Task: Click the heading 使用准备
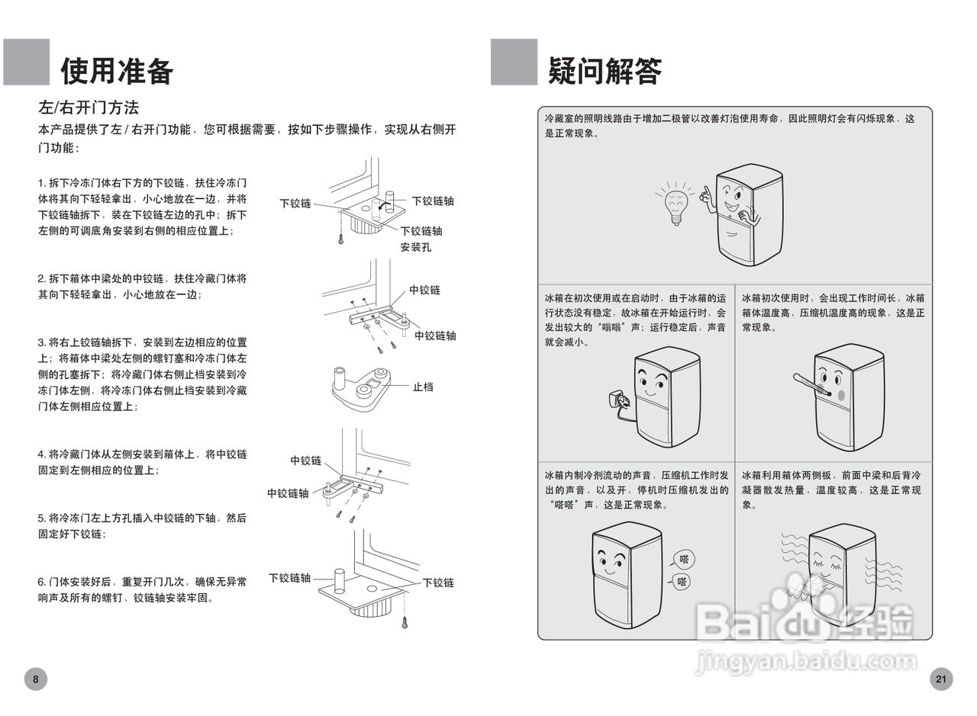[x=117, y=70]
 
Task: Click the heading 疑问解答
[x=604, y=70]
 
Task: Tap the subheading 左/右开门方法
[x=89, y=108]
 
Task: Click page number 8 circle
[x=35, y=678]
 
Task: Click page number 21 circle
[x=940, y=678]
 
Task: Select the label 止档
[x=423, y=387]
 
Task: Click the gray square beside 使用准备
[x=27, y=62]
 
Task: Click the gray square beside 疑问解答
[x=514, y=62]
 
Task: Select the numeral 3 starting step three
[x=41, y=342]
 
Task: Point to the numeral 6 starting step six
[x=41, y=582]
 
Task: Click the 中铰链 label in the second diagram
[x=424, y=291]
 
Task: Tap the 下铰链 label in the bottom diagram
[x=438, y=583]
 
